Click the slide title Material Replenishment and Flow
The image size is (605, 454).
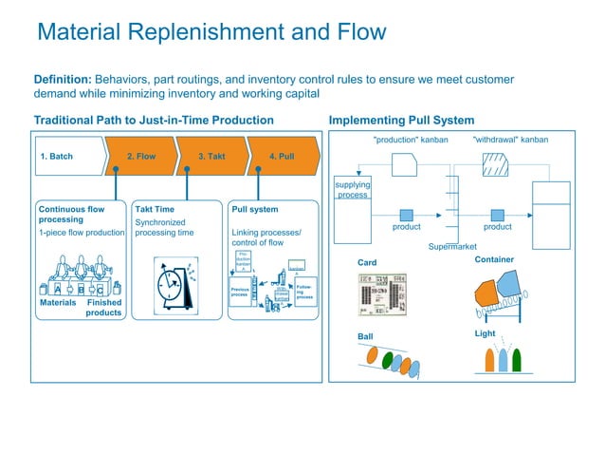(211, 32)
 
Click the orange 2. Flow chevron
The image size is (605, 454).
(141, 157)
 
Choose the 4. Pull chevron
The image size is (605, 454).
(282, 157)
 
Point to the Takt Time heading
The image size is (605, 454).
(156, 208)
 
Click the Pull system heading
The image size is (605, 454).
(255, 208)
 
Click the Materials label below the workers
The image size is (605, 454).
(57, 302)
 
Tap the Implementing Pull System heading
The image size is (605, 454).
(400, 121)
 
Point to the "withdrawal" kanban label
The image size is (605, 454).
(510, 141)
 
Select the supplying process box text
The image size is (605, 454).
(353, 188)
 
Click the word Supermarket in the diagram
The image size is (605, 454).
(451, 246)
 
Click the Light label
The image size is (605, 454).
(485, 333)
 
